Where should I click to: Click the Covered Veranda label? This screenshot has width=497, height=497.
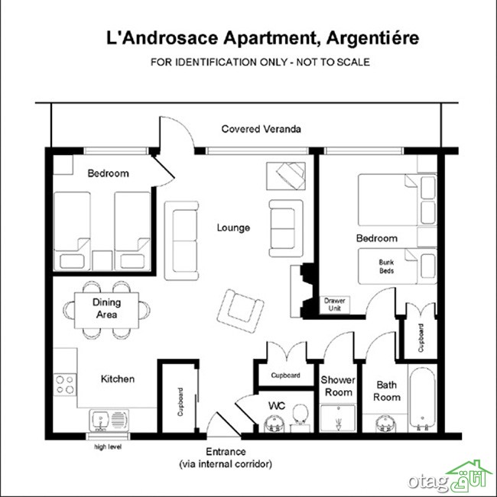tap(261, 129)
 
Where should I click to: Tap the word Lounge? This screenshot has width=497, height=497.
tap(233, 228)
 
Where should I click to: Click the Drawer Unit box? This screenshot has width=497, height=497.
tap(334, 305)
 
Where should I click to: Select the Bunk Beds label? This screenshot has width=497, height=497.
tap(386, 266)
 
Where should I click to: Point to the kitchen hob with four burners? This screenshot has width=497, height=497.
tap(65, 385)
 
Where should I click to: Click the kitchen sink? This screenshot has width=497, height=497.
tap(109, 421)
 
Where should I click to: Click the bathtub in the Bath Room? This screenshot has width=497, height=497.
tap(422, 398)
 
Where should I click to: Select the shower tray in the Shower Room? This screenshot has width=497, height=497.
tap(338, 418)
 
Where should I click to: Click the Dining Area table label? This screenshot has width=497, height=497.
tap(106, 308)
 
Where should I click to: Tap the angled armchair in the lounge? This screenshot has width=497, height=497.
tap(241, 311)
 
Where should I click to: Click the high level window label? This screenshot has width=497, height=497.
tap(108, 447)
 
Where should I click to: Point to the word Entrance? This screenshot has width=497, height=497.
tap(226, 452)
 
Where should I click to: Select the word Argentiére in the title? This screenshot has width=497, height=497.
tap(372, 38)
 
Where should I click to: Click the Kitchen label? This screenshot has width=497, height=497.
tap(118, 379)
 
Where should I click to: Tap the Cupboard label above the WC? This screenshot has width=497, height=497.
tap(285, 376)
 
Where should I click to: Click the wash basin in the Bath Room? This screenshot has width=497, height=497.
tap(385, 424)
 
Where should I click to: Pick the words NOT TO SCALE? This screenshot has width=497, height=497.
tap(333, 62)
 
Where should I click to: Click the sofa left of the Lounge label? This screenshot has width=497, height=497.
tap(181, 241)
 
